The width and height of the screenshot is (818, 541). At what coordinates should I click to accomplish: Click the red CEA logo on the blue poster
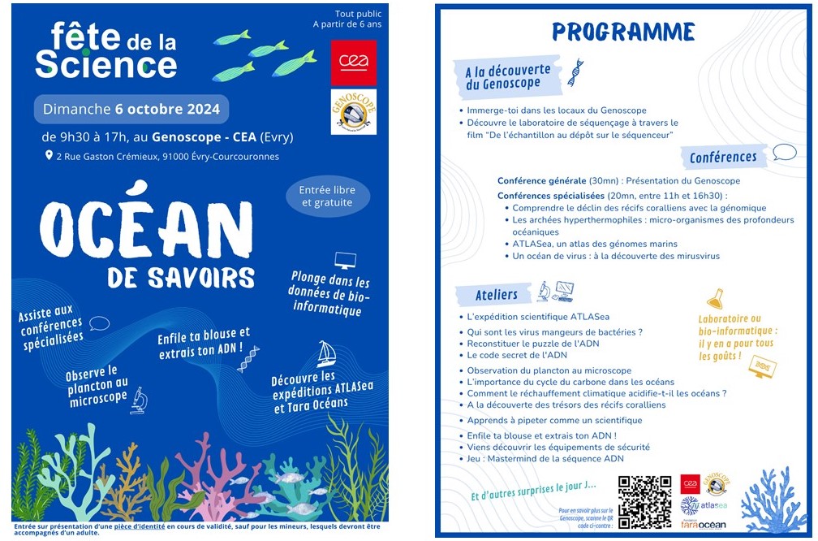[354, 61]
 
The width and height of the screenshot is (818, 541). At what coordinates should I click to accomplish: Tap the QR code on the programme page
[644, 501]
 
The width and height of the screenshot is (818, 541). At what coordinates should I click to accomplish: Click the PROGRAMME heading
[623, 32]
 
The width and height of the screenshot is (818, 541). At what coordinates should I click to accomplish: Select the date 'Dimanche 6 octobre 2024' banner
[131, 109]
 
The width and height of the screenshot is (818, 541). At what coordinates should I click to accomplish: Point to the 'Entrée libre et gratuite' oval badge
[327, 196]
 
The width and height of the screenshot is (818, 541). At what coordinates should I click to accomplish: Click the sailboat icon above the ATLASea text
[326, 353]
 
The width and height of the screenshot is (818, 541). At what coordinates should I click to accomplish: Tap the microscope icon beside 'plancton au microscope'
[139, 399]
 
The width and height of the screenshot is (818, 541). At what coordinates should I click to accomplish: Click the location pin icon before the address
[49, 155]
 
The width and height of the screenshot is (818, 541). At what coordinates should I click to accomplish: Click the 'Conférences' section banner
[723, 157]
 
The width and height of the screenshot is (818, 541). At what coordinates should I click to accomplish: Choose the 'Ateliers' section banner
[497, 294]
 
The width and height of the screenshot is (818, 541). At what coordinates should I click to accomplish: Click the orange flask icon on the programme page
[715, 298]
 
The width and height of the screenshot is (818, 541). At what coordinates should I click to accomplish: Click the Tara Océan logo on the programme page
[703, 523]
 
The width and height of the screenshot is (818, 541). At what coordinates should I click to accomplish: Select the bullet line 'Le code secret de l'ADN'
[517, 355]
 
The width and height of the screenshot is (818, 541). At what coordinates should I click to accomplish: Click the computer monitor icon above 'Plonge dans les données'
[345, 260]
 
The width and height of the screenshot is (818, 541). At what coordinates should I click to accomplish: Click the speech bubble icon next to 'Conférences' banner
[784, 152]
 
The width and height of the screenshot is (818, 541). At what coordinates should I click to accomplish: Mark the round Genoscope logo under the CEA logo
[354, 112]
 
